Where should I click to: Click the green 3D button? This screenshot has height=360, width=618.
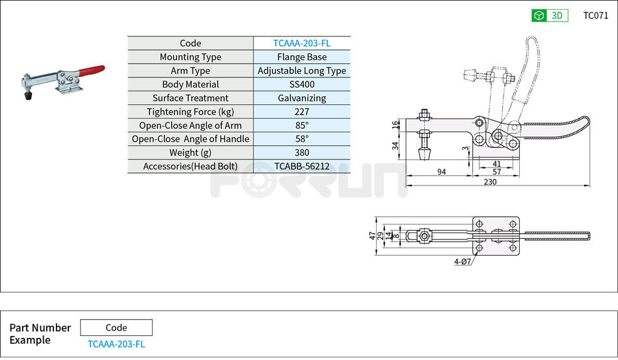[550, 16]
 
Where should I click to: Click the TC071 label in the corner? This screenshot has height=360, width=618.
[595, 16]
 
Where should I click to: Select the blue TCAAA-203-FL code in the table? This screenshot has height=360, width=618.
[302, 44]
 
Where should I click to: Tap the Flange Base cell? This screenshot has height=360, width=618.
[302, 57]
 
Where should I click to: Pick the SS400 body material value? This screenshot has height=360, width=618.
[302, 85]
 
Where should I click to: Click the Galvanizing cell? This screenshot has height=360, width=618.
[302, 98]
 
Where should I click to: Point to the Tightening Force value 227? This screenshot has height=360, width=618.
[302, 112]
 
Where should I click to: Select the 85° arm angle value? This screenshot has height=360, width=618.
[302, 126]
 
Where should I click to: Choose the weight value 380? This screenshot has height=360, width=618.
[302, 153]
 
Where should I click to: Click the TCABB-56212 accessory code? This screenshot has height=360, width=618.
[302, 167]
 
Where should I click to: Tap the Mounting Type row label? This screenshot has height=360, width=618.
[191, 57]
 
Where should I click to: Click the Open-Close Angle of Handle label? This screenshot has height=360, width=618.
[191, 139]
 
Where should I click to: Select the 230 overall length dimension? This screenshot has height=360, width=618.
[490, 182]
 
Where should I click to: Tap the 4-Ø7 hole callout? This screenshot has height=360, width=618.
[463, 262]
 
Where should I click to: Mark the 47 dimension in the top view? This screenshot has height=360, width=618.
[373, 236]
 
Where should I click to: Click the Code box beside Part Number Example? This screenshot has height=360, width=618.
[116, 327]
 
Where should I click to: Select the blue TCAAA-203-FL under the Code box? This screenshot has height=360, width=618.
[116, 344]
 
